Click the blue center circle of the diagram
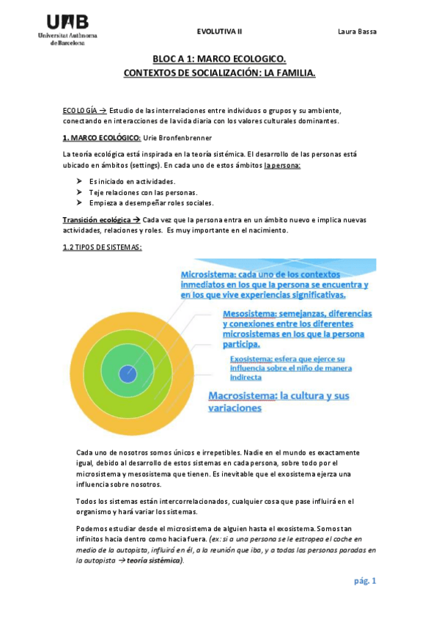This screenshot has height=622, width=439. (x=128, y=373)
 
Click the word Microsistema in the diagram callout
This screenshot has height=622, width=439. (x=210, y=274)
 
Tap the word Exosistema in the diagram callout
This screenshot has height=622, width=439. (x=251, y=359)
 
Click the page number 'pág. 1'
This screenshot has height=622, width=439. (x=364, y=582)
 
